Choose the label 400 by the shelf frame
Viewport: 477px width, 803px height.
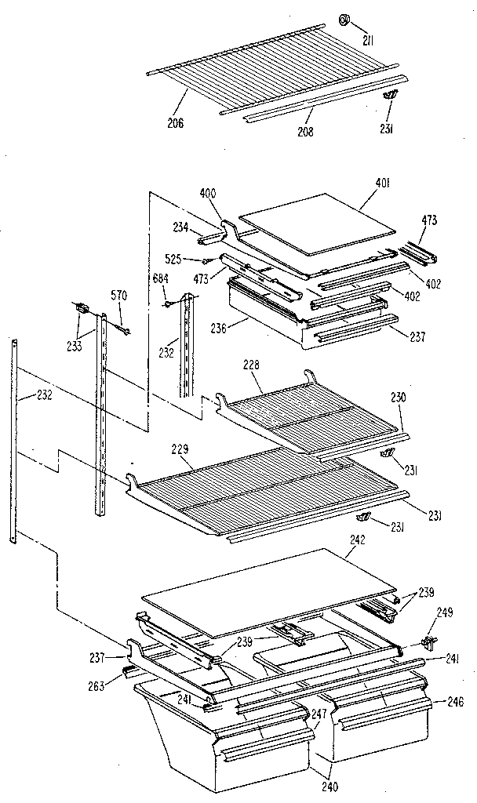click(209, 193)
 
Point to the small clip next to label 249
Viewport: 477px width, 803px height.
click(428, 643)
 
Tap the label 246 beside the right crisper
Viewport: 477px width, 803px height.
click(454, 702)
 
